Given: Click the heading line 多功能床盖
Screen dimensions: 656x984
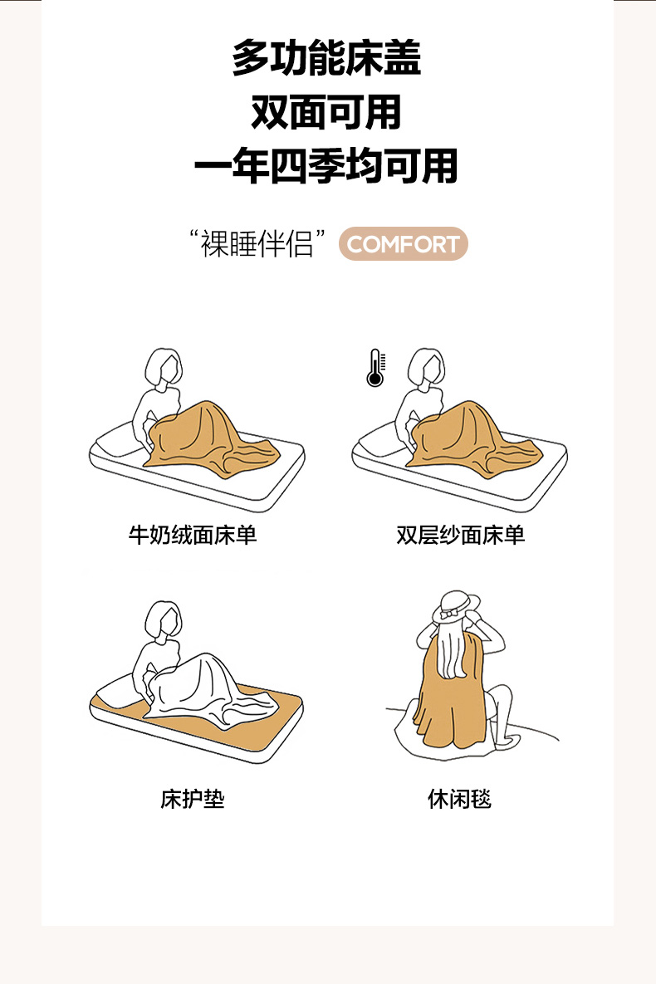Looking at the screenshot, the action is (326, 58).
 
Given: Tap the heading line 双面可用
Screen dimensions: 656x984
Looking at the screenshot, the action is (326, 112).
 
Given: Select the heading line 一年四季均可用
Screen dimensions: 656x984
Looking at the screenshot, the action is (326, 166).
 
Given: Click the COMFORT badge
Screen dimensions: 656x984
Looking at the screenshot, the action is (403, 243).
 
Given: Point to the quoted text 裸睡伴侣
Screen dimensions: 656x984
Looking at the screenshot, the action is (257, 243).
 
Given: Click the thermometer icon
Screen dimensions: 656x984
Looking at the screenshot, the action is (375, 368).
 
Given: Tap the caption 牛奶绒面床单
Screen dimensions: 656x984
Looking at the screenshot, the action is (193, 536).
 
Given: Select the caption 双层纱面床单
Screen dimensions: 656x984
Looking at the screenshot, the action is (460, 536).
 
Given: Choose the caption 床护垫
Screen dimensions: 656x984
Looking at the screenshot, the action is (192, 799).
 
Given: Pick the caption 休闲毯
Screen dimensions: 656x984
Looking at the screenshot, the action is (459, 799).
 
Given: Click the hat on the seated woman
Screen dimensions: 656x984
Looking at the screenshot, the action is (457, 605).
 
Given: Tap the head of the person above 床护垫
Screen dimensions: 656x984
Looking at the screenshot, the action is (164, 621).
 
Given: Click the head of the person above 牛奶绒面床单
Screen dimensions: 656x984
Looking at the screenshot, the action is (164, 369).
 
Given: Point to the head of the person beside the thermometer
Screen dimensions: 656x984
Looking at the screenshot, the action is (426, 369).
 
